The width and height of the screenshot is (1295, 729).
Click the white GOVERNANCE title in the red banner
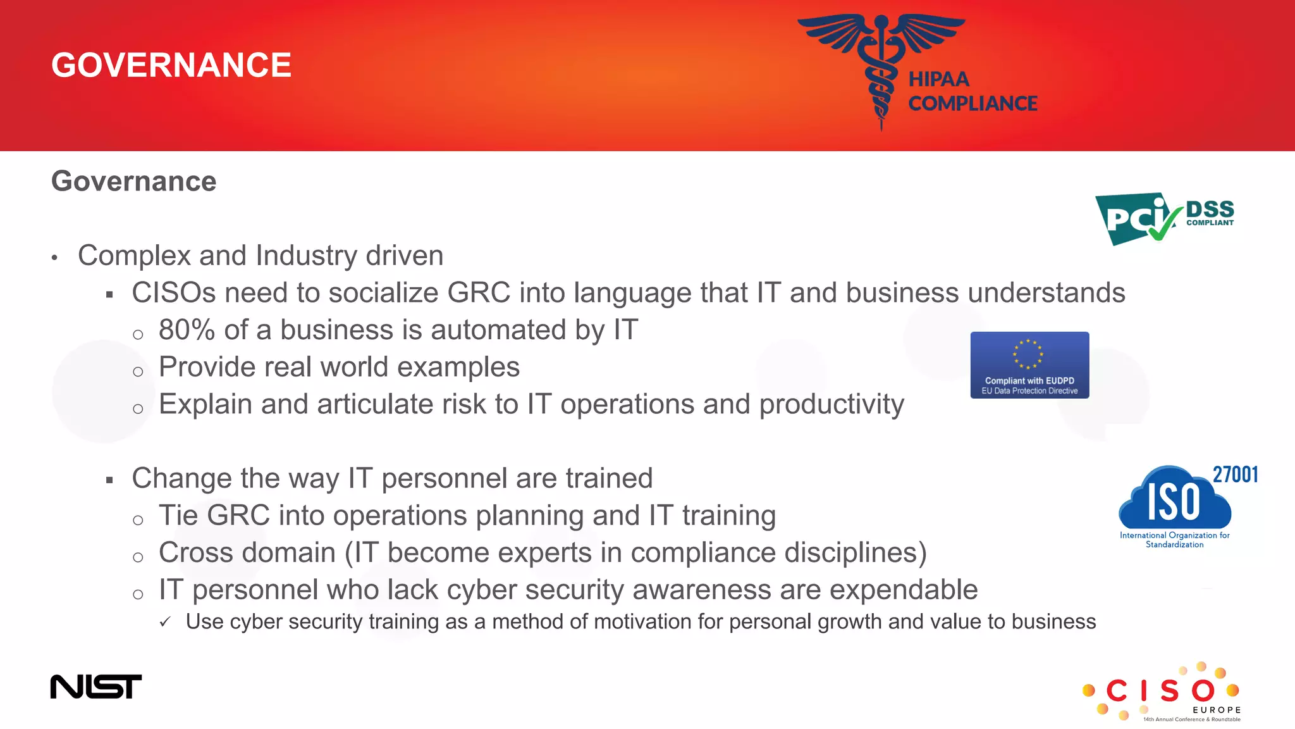[171, 65]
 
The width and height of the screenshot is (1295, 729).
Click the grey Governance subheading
[133, 182]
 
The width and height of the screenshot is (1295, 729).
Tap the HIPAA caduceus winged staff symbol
[881, 63]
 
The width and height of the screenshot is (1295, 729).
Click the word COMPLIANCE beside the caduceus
[973, 103]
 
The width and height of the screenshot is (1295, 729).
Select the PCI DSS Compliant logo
[1164, 218]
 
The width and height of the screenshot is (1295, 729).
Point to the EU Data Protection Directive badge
[1029, 365]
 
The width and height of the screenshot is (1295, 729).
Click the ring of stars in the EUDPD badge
[1028, 354]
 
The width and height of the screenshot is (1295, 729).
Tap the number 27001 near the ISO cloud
[1235, 475]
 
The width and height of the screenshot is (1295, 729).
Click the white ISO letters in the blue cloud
[1174, 502]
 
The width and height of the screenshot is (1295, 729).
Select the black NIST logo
[96, 687]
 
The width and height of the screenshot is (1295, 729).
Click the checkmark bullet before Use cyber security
[165, 622]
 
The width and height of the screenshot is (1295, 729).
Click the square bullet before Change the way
[109, 480]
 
